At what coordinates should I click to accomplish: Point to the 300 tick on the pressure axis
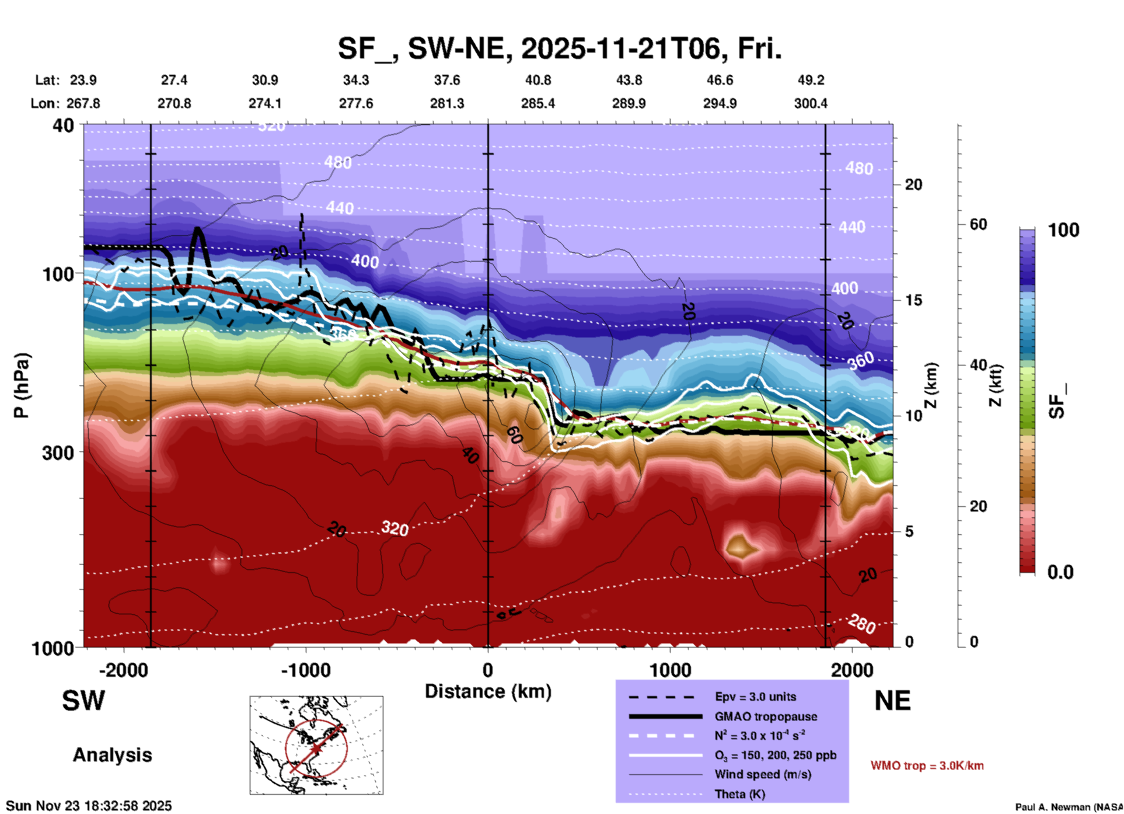tap(58, 453)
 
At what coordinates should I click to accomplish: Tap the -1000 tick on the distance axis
tap(306, 670)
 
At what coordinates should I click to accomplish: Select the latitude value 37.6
tap(446, 80)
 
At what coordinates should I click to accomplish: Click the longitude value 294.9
tap(720, 103)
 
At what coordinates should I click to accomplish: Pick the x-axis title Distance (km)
tap(488, 691)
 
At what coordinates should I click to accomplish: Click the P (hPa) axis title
tap(22, 385)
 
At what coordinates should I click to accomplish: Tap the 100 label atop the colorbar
tap(1063, 230)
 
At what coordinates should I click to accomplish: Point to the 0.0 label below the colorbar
tap(1060, 572)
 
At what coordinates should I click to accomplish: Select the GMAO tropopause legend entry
tap(766, 716)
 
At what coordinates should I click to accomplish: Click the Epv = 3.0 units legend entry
tap(755, 697)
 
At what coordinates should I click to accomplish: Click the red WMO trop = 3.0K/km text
tap(927, 766)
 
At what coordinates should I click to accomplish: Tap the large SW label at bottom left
tap(83, 701)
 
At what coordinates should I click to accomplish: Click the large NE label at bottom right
tap(892, 701)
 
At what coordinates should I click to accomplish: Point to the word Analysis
tap(112, 755)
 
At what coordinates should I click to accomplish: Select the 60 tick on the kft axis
tap(978, 224)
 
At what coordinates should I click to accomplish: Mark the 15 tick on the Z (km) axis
tap(913, 300)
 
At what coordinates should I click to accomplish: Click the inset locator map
tap(316, 745)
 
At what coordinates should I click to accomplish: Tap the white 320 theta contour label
tap(395, 528)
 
